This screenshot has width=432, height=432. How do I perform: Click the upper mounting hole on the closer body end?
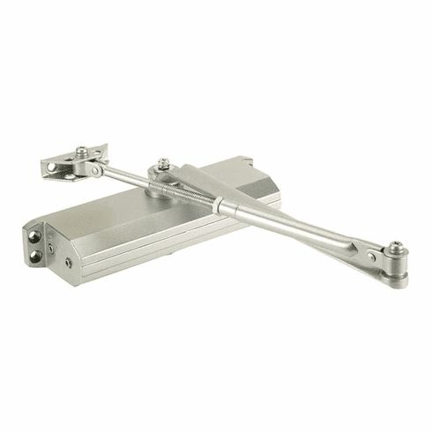[x=35, y=235]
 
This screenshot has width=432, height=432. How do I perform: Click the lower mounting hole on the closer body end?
[x=35, y=257]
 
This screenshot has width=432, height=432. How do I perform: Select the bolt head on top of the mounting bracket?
[x=82, y=151]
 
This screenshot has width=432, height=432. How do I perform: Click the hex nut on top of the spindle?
[x=164, y=164]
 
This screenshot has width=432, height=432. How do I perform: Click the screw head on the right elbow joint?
[x=396, y=247]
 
